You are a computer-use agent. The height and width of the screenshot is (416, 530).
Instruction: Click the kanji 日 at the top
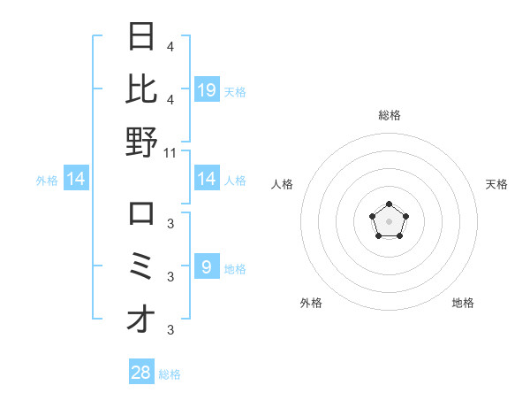pos(141,37)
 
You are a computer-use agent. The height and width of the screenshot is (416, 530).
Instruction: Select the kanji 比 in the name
pos(141,89)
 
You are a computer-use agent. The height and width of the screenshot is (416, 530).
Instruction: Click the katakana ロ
pos(141,214)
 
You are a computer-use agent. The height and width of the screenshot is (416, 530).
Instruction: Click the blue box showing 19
pos(207,89)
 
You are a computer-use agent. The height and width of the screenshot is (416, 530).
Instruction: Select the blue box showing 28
pos(141,374)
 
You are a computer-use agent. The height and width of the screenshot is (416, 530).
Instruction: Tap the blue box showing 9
pos(207,266)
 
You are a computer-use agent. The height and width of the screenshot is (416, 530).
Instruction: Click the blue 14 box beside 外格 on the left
pos(76,179)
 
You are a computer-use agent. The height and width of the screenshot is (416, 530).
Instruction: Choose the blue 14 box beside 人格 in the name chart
pos(207,179)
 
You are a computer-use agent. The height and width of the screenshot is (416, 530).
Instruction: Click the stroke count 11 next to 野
pos(171,152)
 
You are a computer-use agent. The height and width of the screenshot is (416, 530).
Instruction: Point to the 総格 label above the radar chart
pos(389,115)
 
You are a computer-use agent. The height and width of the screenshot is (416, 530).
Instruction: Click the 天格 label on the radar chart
pos(496,184)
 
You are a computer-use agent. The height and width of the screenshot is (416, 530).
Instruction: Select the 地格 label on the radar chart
pos(463,303)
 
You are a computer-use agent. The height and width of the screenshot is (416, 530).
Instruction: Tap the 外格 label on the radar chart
pos(311,303)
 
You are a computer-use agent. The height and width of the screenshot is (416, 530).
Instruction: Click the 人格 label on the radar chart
pos(283,184)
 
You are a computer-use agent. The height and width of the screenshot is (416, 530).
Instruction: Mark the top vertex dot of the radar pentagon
pos(389,204)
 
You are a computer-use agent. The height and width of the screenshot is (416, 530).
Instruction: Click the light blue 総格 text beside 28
pos(170,374)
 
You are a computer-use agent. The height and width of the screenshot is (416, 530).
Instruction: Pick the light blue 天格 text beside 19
pos(235,91)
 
